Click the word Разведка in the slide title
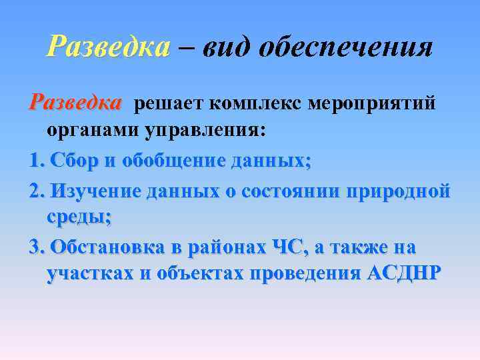[x=109, y=47]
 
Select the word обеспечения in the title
[x=347, y=48]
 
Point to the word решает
[x=170, y=104]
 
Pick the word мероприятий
[x=375, y=105]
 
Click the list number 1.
[x=35, y=161]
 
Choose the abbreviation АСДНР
[x=404, y=274]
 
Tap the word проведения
[x=307, y=274]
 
